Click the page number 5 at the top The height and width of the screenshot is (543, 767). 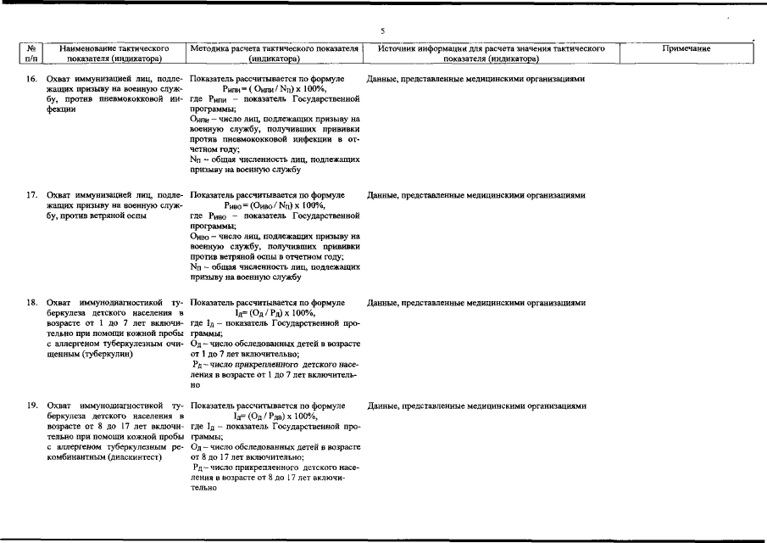(x=383, y=31)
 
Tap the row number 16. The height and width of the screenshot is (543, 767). (x=31, y=78)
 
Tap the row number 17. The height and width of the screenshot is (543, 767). (x=31, y=195)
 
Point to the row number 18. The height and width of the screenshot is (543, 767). (x=31, y=303)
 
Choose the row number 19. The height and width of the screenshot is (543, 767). (x=31, y=406)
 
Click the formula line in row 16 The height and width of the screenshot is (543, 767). (x=274, y=88)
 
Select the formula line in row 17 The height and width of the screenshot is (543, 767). (x=274, y=205)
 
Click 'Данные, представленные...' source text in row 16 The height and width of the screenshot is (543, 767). (x=476, y=78)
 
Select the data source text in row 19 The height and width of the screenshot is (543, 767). (x=476, y=406)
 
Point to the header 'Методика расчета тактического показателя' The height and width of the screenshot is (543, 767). (x=275, y=49)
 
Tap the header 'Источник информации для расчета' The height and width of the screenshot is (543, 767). (x=491, y=49)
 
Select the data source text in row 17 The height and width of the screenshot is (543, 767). (x=476, y=195)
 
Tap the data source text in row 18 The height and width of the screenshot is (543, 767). (x=476, y=303)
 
